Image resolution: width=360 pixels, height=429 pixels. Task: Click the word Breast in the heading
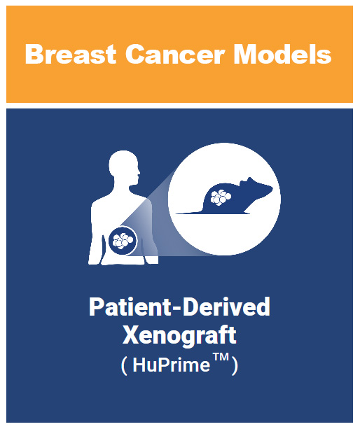(x=71, y=54)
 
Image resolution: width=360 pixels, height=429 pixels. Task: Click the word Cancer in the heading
(x=175, y=54)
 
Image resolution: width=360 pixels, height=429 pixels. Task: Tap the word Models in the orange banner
(x=282, y=54)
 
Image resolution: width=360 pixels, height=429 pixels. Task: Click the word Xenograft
(x=179, y=336)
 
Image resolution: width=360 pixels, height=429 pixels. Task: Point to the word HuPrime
(x=171, y=365)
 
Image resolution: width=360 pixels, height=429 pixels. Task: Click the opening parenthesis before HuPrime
(x=124, y=366)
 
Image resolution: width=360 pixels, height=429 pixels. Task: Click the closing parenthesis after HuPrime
(x=235, y=366)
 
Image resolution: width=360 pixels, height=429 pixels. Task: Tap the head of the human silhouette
(x=125, y=166)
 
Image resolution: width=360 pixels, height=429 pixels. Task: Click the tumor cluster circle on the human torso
(x=123, y=241)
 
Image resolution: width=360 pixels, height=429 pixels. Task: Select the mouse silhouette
(x=224, y=196)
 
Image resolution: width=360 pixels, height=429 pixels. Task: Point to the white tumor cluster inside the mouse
(x=221, y=197)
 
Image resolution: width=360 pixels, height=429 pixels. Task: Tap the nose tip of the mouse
(x=272, y=188)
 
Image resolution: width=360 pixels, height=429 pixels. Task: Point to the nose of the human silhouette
(x=139, y=173)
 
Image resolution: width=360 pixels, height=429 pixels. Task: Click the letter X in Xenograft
(x=130, y=335)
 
